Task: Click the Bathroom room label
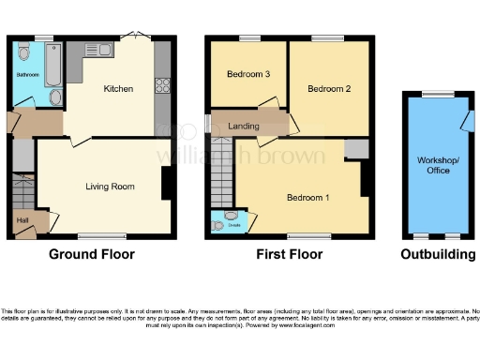[x=26, y=72]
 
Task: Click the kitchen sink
[x=101, y=50]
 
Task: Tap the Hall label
[x=22, y=221]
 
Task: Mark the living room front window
[x=100, y=235]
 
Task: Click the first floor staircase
[x=222, y=173]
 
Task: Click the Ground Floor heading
[x=93, y=254]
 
